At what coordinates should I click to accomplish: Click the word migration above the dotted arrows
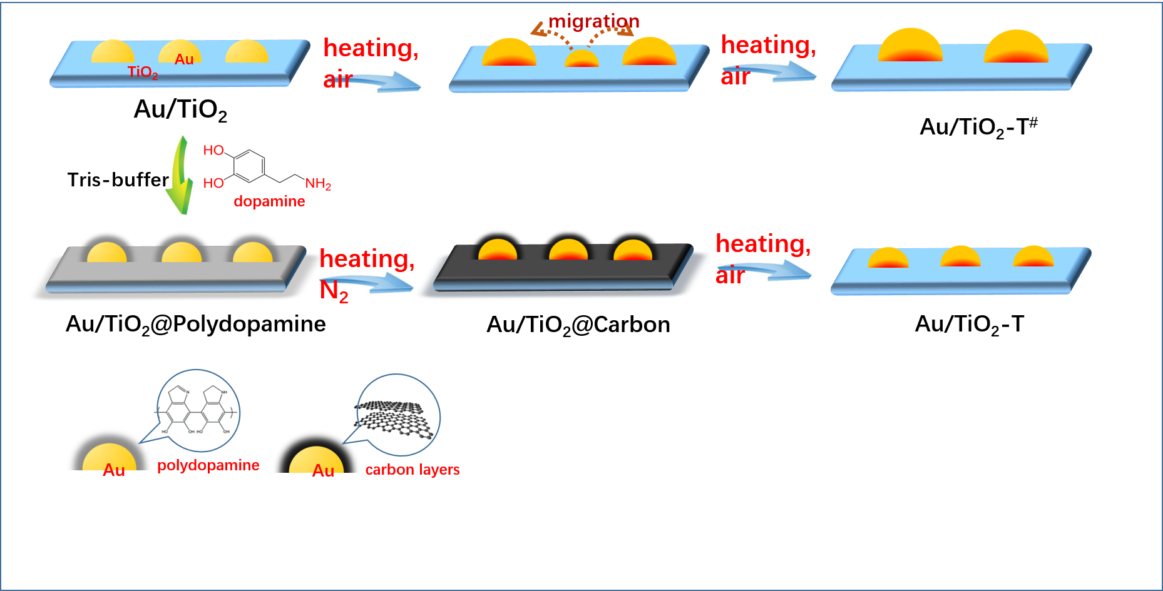coord(593,21)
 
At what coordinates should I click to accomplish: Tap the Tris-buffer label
coord(118,180)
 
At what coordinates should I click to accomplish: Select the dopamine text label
coord(269,201)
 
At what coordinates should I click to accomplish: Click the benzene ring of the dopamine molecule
coord(249,166)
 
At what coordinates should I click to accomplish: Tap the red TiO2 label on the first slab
coord(143,73)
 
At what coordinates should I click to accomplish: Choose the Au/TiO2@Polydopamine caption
coord(195,324)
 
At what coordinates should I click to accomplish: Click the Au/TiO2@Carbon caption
coord(578,325)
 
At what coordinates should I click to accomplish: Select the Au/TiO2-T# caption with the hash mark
coord(978,127)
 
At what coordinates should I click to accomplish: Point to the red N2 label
coord(334,291)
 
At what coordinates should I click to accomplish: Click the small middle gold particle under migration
coord(581,59)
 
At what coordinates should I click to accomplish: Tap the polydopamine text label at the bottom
coord(208,465)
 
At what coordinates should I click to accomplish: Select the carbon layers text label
coord(412,470)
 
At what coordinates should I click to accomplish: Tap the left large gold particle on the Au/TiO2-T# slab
coord(910,46)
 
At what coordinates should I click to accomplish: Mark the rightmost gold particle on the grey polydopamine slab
coord(253,253)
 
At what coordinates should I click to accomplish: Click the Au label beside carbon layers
coord(323,470)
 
